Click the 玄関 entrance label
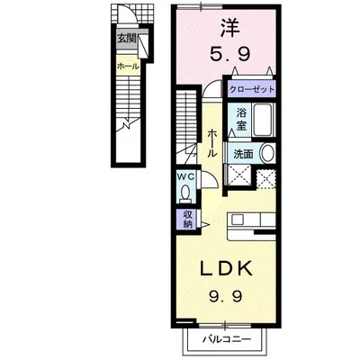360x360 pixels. (127, 39)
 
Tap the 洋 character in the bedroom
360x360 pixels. (230, 28)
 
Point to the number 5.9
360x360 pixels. (230, 54)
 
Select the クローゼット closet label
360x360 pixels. (252, 89)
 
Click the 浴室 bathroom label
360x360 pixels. (241, 119)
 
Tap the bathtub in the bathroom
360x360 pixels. (263, 120)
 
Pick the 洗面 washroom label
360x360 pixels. (243, 154)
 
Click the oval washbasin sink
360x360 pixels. (267, 153)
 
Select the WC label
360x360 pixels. (186, 177)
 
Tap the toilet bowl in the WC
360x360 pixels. (186, 193)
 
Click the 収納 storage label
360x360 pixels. (187, 220)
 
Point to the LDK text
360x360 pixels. (226, 269)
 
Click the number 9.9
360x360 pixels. (225, 297)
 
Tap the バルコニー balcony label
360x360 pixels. (227, 339)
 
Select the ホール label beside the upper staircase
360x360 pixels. (212, 143)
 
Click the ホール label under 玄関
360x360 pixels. (128, 66)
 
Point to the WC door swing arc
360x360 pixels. (211, 177)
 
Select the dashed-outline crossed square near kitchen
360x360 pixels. (266, 179)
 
